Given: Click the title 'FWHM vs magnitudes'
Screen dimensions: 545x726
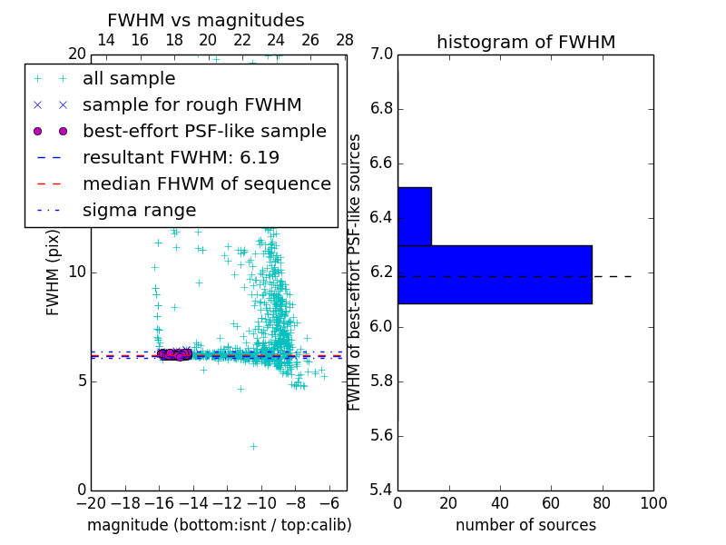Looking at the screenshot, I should click(x=205, y=20).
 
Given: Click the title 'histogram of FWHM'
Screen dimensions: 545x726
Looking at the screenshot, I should click(x=525, y=42).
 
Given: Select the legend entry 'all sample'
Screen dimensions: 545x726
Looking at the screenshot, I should click(x=129, y=79).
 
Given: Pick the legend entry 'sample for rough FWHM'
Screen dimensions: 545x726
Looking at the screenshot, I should click(x=191, y=104).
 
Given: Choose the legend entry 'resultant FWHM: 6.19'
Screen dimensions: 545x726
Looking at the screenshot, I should click(x=181, y=157).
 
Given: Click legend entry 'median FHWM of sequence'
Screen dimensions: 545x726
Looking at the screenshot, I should click(x=206, y=183).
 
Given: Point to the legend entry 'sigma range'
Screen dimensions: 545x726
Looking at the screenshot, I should click(x=139, y=210).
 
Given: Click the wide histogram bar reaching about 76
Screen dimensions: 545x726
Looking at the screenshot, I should click(x=495, y=274).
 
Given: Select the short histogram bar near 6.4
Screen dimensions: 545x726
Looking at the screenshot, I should click(x=414, y=216).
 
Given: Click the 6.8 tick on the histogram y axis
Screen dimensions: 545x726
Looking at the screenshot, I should click(x=381, y=109).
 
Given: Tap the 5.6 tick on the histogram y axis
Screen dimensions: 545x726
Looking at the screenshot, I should click(x=381, y=435).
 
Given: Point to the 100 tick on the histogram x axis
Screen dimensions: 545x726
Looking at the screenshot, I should click(x=653, y=503).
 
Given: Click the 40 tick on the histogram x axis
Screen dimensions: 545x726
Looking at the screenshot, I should click(x=500, y=503).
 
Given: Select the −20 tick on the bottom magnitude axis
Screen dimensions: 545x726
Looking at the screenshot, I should click(x=91, y=503).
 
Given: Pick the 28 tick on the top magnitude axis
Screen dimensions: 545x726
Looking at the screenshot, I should click(x=345, y=40).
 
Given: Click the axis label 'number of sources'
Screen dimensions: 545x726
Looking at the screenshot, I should click(x=525, y=525).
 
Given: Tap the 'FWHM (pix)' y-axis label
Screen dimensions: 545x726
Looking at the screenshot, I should click(x=54, y=272).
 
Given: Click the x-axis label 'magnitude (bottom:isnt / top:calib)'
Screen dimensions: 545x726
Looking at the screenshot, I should click(x=219, y=525).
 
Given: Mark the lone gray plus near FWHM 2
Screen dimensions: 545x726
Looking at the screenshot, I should click(x=253, y=446).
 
